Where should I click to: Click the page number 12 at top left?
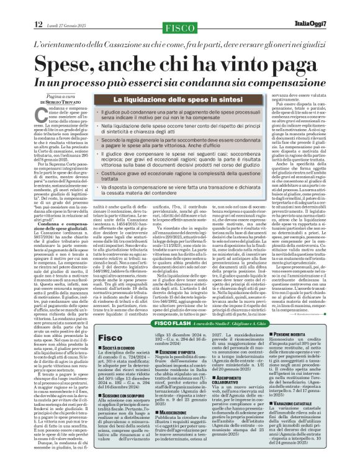click(x=38, y=24)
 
